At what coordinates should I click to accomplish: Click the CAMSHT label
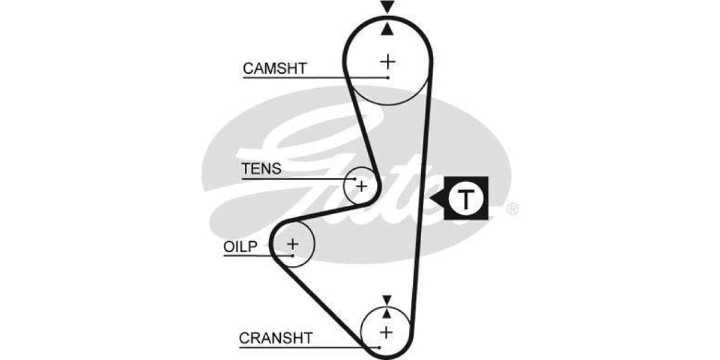274,68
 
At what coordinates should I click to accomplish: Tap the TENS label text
261,169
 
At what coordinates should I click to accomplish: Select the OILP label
240,247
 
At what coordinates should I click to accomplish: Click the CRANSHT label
275,338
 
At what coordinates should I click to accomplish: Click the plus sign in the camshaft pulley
388,61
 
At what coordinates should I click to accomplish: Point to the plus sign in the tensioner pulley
361,186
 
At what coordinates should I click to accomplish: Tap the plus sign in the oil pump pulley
292,244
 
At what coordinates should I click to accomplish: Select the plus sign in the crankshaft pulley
386,331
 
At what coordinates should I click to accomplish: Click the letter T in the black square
466,199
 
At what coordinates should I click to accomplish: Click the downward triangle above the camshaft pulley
388,7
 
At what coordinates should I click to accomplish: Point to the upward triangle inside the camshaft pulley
388,28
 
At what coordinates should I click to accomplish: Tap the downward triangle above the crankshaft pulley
386,299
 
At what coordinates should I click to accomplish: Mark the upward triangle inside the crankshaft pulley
386,313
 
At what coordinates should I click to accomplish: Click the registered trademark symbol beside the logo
512,209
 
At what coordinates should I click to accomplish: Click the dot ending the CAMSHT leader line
388,77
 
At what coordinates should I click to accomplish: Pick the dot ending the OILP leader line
292,256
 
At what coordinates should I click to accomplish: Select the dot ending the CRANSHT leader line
380,347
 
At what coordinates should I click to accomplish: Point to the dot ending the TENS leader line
355,178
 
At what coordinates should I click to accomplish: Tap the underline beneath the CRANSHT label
300,347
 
